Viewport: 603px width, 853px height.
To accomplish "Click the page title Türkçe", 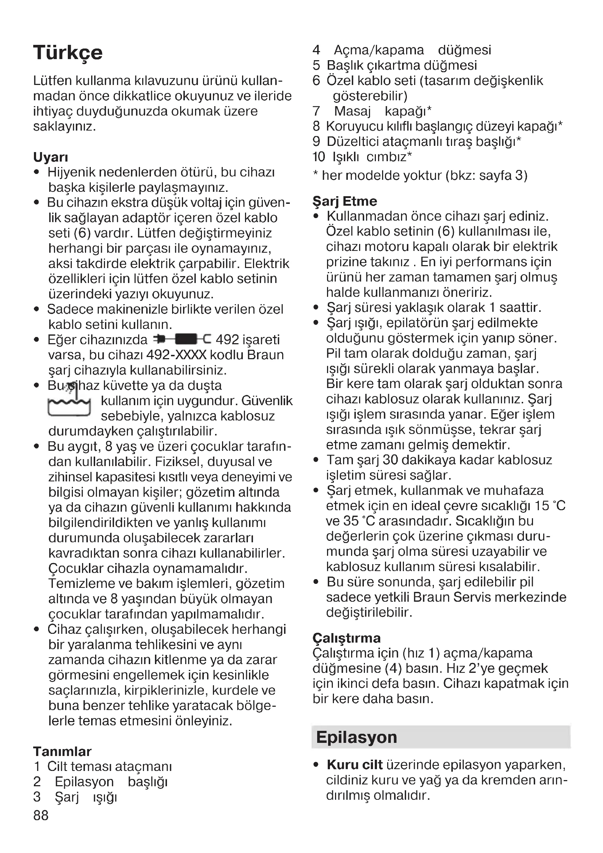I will click(68, 53).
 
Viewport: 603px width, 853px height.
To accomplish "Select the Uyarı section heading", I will click(51, 157).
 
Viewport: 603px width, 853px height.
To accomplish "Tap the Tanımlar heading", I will click(62, 751).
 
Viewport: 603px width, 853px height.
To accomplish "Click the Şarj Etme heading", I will click(345, 201).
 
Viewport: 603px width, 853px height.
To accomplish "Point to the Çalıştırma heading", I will click(346, 638).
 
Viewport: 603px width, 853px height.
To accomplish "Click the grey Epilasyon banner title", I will click(357, 737).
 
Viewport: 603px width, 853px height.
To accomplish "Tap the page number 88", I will click(41, 815).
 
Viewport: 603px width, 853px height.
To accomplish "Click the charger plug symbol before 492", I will click(182, 339).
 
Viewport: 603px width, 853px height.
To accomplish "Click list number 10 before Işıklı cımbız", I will click(319, 157).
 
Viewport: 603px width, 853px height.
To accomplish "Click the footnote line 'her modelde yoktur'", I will click(420, 175).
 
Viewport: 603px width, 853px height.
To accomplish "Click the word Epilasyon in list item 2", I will click(84, 782).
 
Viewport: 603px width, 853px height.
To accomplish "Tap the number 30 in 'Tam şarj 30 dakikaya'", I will click(390, 460).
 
